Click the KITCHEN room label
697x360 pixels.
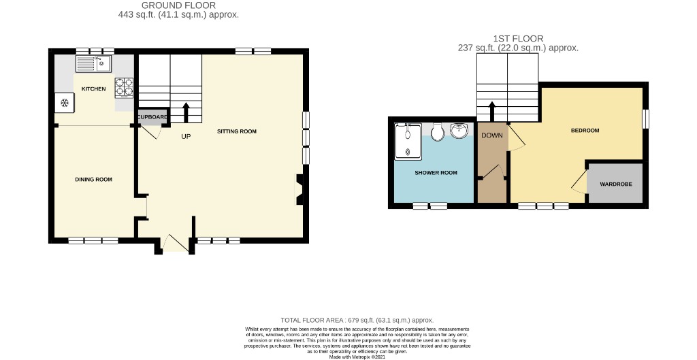(x=93, y=89)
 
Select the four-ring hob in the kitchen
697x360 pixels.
(x=124, y=86)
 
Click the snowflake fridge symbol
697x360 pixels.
(x=65, y=103)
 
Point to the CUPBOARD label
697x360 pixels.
(x=152, y=117)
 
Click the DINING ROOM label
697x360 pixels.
(x=93, y=180)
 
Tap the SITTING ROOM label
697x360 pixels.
(x=236, y=131)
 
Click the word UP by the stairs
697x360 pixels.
(x=186, y=137)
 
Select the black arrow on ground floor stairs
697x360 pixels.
(x=186, y=111)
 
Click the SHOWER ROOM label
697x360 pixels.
(x=436, y=173)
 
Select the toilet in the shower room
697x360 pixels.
(x=438, y=131)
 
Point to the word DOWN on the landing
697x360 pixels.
(x=491, y=135)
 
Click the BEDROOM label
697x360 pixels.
(x=585, y=131)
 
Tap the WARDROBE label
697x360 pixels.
(x=615, y=184)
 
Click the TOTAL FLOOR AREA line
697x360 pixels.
(x=357, y=320)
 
